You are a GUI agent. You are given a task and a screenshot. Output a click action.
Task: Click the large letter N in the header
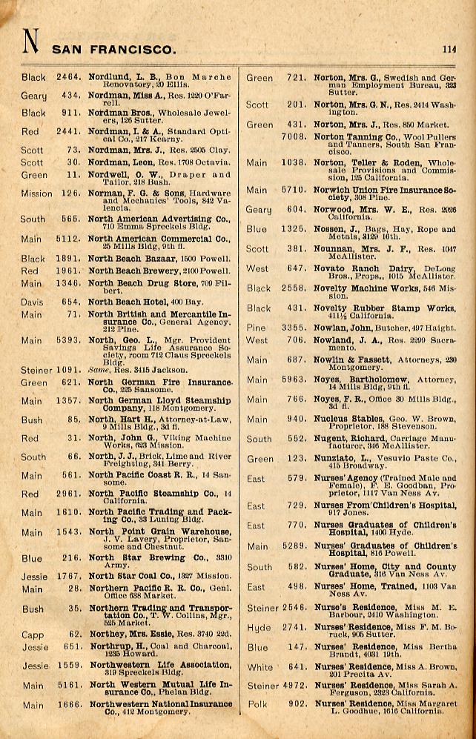coord(30,43)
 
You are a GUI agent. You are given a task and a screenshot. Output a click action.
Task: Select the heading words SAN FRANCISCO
coord(113,50)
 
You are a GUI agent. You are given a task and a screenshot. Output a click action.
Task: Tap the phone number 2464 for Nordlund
coord(67,77)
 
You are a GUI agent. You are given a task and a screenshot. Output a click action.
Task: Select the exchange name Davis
coord(32,302)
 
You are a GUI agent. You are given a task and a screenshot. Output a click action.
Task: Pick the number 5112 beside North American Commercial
coord(67,239)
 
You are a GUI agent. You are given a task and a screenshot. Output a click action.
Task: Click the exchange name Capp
coord(32,634)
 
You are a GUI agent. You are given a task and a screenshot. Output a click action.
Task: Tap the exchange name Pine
coord(256,327)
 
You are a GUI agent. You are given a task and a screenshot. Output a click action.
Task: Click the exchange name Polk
coord(257,704)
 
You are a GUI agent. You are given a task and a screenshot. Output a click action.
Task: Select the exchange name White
coord(260,667)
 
